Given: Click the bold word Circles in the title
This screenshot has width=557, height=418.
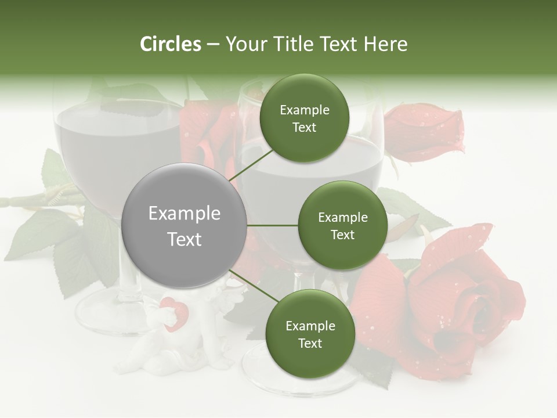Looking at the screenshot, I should click(170, 44).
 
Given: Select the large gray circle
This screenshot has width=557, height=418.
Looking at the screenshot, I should click(185, 226).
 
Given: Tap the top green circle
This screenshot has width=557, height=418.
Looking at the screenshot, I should click(304, 118).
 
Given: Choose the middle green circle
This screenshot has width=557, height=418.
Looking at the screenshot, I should click(342, 225).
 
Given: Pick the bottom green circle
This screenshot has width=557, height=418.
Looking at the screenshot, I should click(310, 334).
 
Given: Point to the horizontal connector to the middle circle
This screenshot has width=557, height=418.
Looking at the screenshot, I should click(273, 225).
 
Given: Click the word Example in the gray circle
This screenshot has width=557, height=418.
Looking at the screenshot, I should click(185, 214).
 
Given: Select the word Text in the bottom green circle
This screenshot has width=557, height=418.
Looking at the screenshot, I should click(310, 343).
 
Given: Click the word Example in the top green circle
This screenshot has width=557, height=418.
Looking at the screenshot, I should click(304, 110).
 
